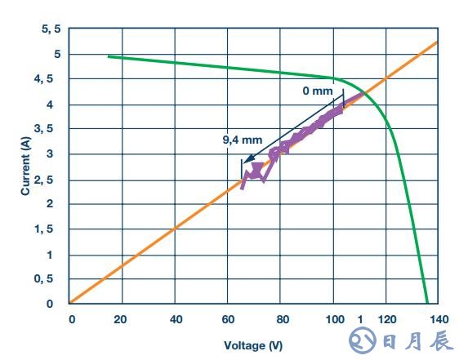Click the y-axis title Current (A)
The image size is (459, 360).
pyautogui.click(x=25, y=166)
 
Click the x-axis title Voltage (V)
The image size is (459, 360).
pyautogui.click(x=253, y=345)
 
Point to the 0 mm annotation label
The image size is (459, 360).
pyautogui.click(x=318, y=91)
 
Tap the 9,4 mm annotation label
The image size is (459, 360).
pyautogui.click(x=237, y=140)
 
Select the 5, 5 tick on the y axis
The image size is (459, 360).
pyautogui.click(x=51, y=29)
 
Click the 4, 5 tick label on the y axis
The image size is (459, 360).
pyautogui.click(x=51, y=79)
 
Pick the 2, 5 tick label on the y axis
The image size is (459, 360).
pyautogui.click(x=51, y=180)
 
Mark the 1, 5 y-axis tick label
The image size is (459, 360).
pyautogui.click(x=51, y=230)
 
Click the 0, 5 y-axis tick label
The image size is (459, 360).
pyautogui.click(x=51, y=280)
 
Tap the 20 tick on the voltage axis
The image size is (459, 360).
pyautogui.click(x=123, y=319)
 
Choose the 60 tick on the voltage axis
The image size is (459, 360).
pyautogui.click(x=228, y=319)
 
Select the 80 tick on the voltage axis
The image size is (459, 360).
pyautogui.click(x=280, y=319)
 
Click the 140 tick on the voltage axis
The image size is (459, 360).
pyautogui.click(x=439, y=319)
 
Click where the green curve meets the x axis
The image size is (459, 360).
pyautogui.click(x=427, y=304)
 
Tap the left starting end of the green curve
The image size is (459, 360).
pyautogui.click(x=109, y=56)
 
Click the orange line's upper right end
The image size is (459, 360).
pyautogui.click(x=439, y=42)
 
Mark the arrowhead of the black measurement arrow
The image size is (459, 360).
pyautogui.click(x=244, y=162)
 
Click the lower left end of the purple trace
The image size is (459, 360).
pyautogui.click(x=243, y=188)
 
